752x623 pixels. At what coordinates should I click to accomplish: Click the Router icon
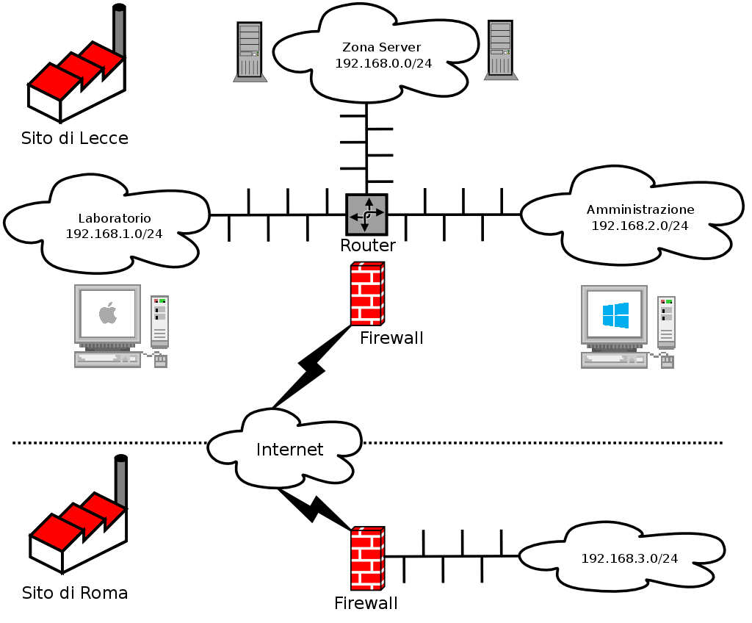(x=366, y=215)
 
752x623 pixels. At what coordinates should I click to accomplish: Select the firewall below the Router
(x=366, y=294)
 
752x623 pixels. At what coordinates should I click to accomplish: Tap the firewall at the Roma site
(x=367, y=558)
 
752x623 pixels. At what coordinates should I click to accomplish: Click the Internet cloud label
(x=289, y=450)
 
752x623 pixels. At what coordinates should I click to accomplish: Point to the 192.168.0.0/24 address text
(x=383, y=63)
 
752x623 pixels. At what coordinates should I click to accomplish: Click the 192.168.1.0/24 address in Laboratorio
(x=114, y=234)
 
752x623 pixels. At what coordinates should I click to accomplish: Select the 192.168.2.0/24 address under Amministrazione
(x=640, y=226)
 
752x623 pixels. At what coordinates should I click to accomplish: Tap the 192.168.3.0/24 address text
(x=629, y=558)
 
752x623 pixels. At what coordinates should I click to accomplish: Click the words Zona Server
(x=382, y=48)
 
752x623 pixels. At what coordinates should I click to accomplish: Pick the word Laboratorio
(x=115, y=218)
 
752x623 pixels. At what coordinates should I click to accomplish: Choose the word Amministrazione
(x=640, y=210)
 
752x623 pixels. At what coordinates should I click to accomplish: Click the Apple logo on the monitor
(x=108, y=314)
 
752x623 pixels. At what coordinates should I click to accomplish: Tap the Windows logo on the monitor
(x=615, y=315)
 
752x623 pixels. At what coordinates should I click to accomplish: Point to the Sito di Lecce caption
(x=75, y=138)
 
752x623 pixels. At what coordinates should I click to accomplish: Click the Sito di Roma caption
(x=75, y=593)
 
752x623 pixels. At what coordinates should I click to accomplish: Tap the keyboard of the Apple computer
(x=107, y=359)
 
